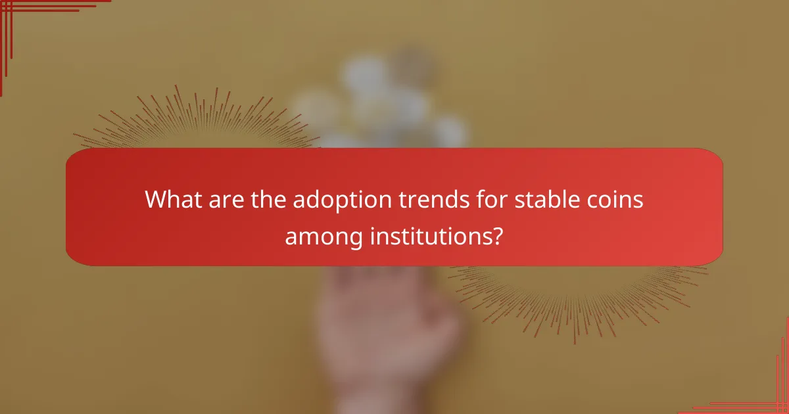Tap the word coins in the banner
coord(613,199)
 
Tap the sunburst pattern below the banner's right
coord(579,296)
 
